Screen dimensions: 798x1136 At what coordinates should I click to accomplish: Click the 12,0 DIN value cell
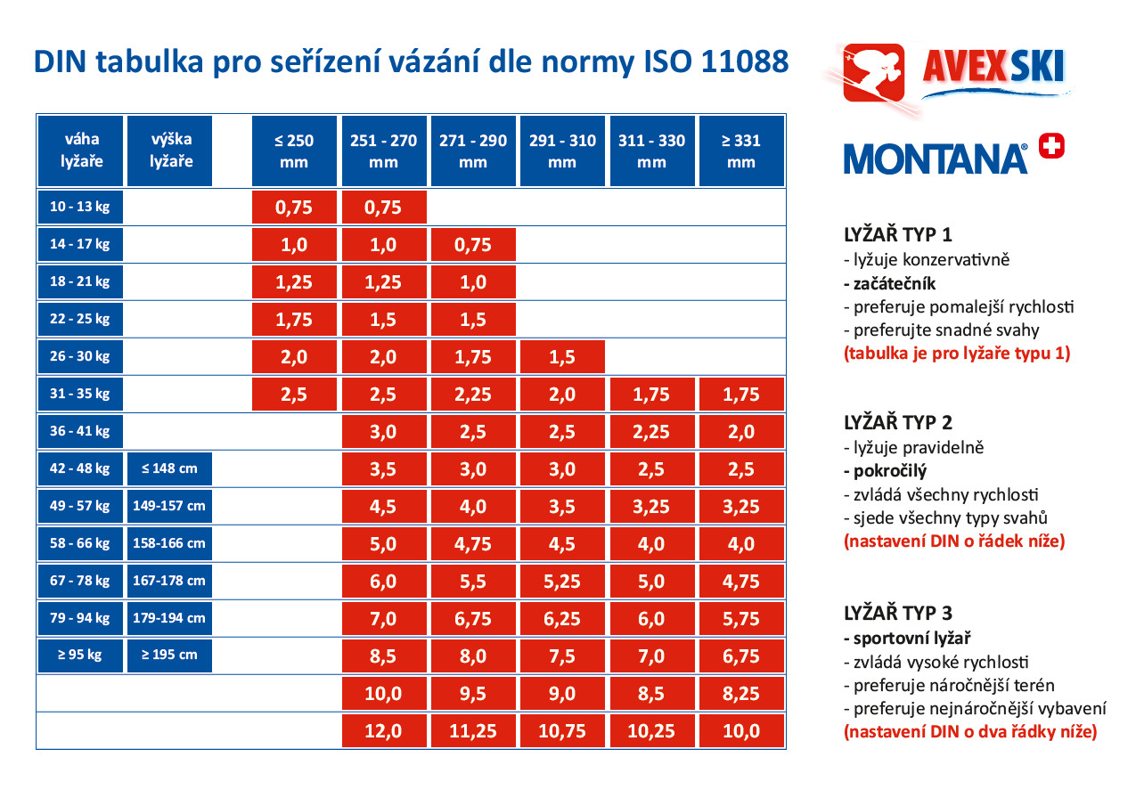[x=384, y=731]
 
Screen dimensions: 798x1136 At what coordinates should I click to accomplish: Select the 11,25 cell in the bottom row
[x=473, y=731]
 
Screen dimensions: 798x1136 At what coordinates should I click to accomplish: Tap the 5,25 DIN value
[x=562, y=582]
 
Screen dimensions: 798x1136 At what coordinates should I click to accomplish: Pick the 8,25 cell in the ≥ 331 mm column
[x=741, y=694]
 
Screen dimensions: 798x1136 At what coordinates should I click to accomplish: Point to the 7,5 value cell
[x=562, y=656]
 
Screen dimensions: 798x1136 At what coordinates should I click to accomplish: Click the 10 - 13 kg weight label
[x=80, y=207]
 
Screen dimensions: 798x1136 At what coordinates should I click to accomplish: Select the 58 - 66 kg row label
[x=80, y=543]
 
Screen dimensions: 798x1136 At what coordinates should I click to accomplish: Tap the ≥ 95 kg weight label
[x=80, y=655]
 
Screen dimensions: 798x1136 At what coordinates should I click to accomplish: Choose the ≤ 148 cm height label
[x=169, y=468]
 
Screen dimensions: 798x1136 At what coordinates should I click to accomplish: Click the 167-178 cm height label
[x=169, y=581]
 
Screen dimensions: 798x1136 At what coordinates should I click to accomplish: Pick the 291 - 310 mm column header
[x=562, y=151]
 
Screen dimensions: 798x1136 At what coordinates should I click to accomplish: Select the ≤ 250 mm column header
[x=294, y=151]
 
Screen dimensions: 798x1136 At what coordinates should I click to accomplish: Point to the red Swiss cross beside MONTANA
[x=1051, y=146]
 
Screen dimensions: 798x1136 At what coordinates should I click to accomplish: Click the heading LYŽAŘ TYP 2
[x=898, y=422]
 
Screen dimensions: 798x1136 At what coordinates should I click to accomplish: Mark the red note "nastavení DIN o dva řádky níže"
[x=970, y=733]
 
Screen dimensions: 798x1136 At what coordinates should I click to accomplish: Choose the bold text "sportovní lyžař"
[x=907, y=639]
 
